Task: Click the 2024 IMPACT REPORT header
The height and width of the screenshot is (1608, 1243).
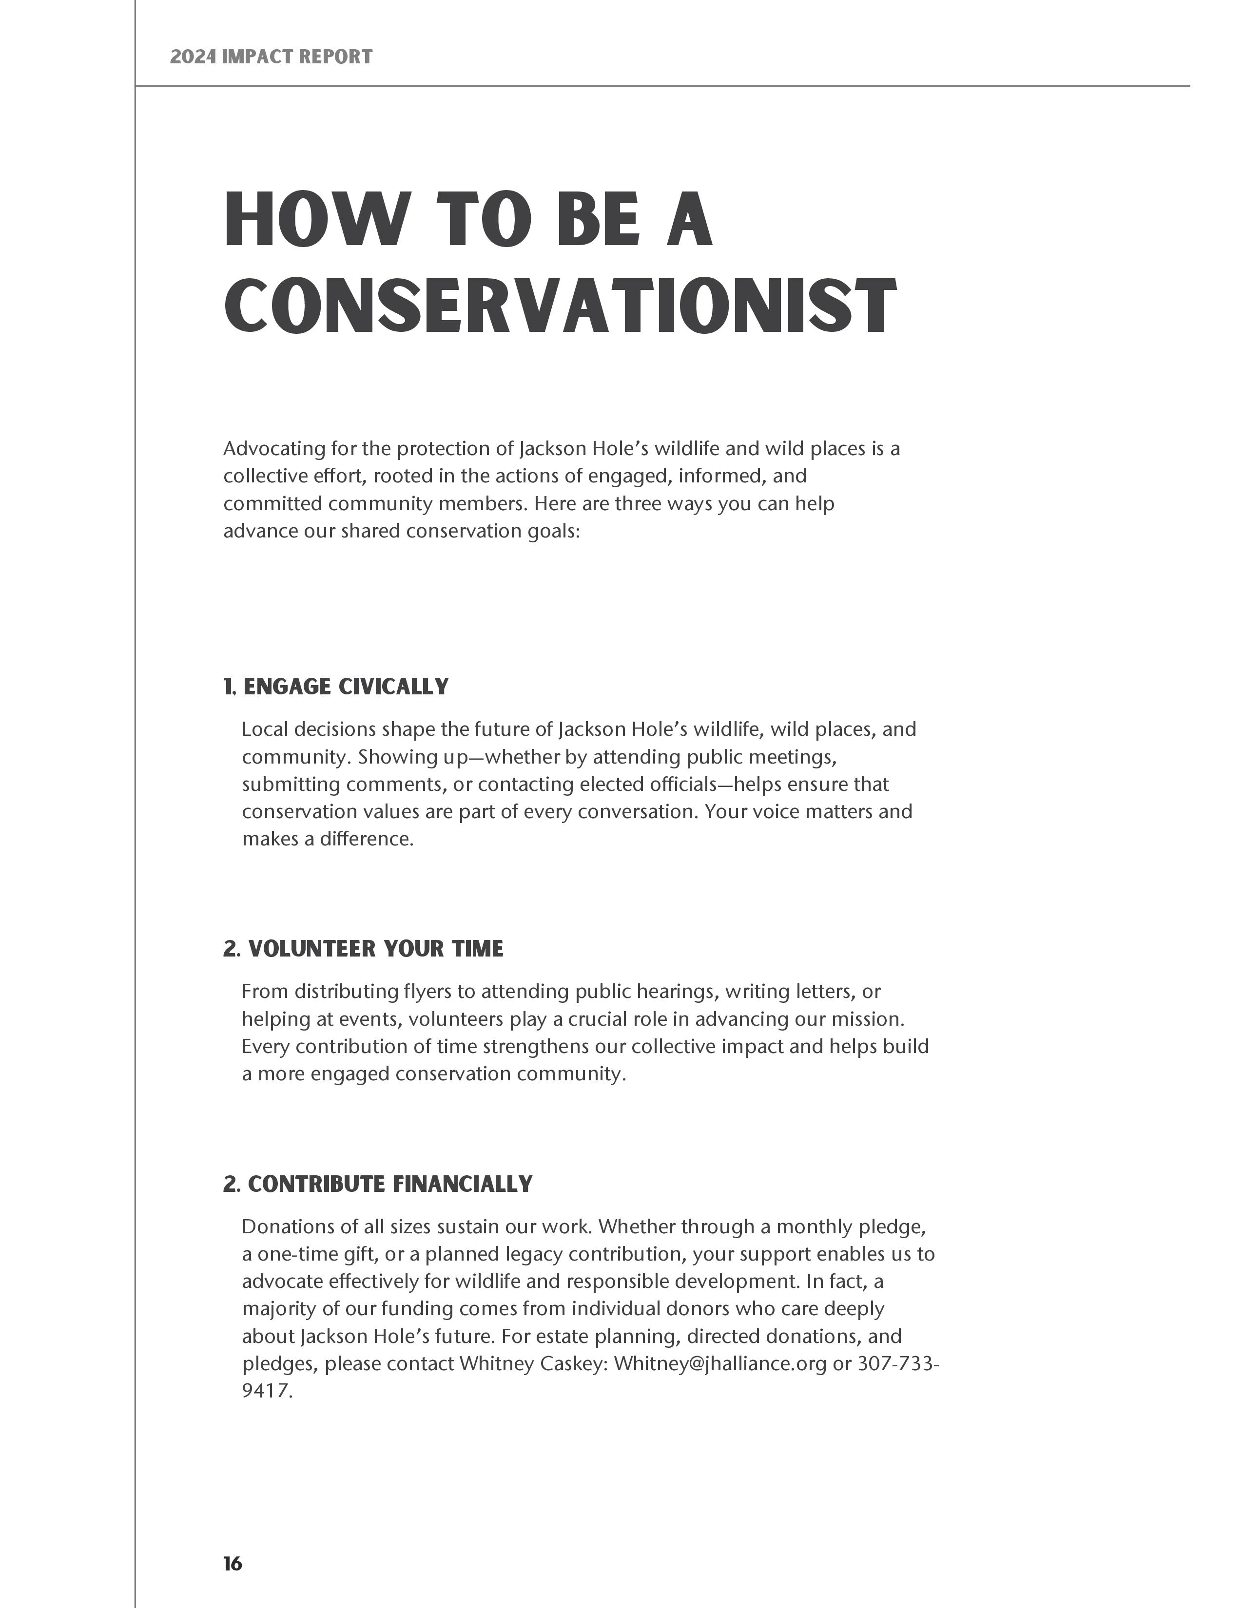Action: tap(271, 57)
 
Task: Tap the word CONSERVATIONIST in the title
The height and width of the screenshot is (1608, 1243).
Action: tap(560, 306)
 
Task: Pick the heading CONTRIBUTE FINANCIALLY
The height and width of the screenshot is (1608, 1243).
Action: tap(389, 1184)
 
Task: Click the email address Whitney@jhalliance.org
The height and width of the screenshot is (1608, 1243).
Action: tap(719, 1363)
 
